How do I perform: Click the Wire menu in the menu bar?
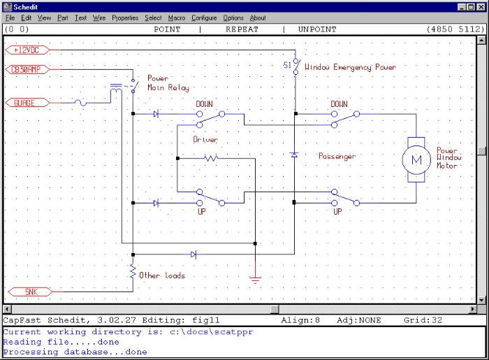(99, 17)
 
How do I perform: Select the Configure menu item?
(204, 17)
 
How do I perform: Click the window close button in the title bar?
(480, 6)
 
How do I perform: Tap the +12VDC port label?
(29, 50)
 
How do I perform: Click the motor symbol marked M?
(416, 159)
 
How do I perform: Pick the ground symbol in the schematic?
(256, 280)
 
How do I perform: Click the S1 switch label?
(286, 65)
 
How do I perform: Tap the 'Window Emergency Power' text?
(350, 68)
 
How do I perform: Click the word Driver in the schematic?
(205, 140)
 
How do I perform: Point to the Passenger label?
(337, 156)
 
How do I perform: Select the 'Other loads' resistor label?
(162, 275)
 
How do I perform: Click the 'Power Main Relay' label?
(163, 83)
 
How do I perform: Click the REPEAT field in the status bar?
(242, 29)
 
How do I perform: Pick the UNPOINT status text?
(316, 29)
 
